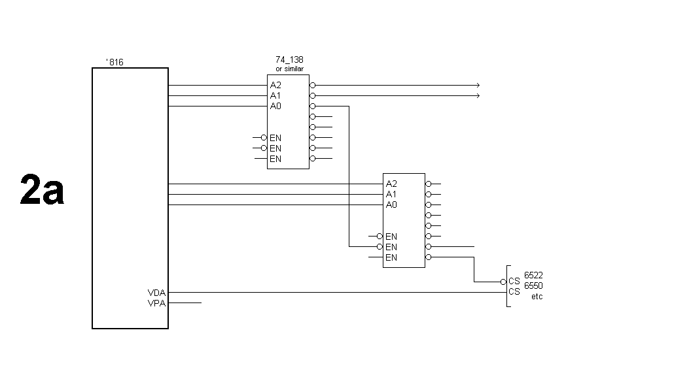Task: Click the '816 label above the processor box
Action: [x=115, y=63]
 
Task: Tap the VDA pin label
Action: [x=156, y=293]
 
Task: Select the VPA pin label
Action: [x=156, y=302]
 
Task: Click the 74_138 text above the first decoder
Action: [x=289, y=59]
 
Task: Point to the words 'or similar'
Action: [x=289, y=69]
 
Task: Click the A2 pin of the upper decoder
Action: [x=275, y=86]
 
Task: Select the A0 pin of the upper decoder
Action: [x=275, y=106]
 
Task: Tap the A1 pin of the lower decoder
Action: [x=391, y=194]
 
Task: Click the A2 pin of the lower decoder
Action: [x=391, y=184]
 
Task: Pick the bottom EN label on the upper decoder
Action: [x=275, y=159]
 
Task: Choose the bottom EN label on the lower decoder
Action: [x=391, y=257]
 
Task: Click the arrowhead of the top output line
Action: [x=478, y=86]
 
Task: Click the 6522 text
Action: [x=533, y=276]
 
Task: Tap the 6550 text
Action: [x=533, y=286]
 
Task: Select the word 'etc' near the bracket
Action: [x=537, y=297]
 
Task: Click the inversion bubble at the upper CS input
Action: [x=503, y=282]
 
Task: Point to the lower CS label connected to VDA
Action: [x=514, y=292]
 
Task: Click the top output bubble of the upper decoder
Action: [x=313, y=86]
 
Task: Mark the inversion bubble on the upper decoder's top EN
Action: [x=264, y=138]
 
